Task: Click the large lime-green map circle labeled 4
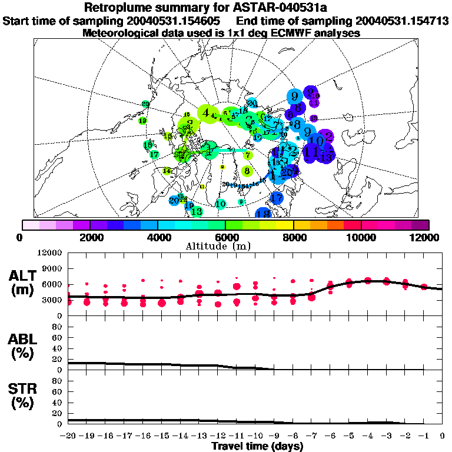[206, 113]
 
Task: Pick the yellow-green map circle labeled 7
[248, 155]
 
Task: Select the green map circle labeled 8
[247, 171]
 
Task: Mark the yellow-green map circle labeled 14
[167, 171]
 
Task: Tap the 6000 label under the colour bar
[226, 237]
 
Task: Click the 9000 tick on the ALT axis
[52, 269]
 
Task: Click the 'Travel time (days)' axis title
[257, 446]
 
